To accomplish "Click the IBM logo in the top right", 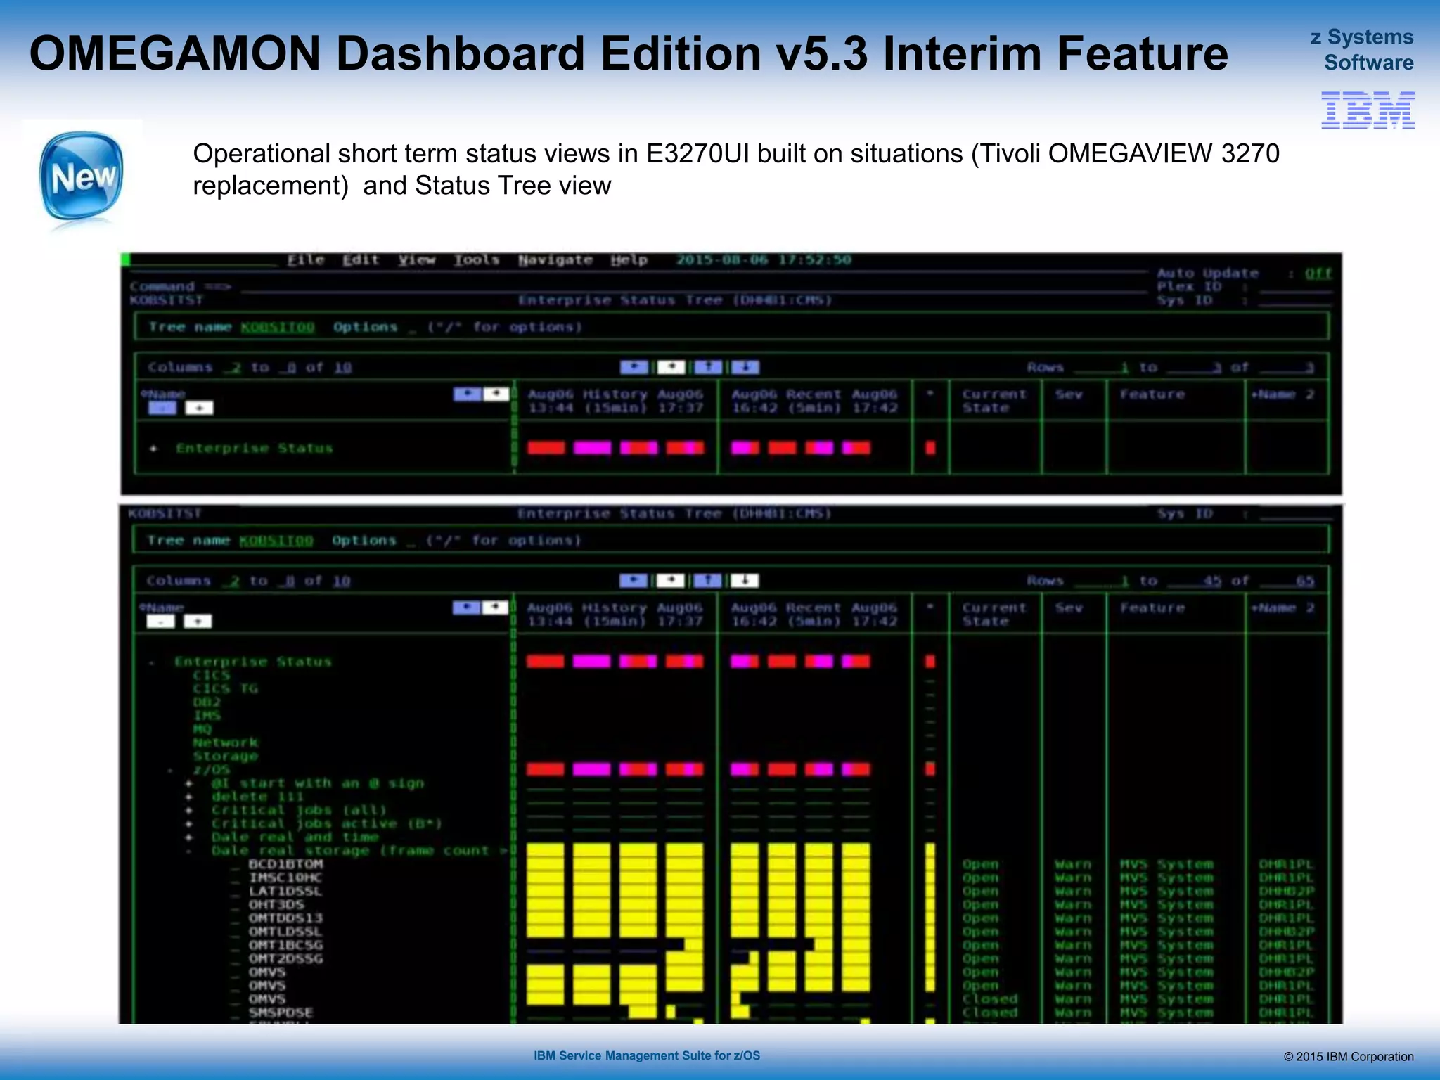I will tap(1367, 110).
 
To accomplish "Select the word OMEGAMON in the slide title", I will tap(175, 54).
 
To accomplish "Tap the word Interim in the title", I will tap(958, 54).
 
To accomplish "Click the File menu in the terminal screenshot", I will tap(306, 260).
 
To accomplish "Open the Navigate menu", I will tap(555, 260).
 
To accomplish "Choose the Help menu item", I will tap(629, 260).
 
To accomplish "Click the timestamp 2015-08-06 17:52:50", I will tap(764, 260).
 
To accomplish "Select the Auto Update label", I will tap(1207, 274).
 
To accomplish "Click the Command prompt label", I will tap(162, 287).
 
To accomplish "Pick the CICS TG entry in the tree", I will tap(226, 689).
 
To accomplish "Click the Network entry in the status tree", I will tap(226, 742).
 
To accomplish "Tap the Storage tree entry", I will tap(226, 757).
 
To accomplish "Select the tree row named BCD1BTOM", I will tap(285, 864).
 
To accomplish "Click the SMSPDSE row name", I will tap(281, 1012).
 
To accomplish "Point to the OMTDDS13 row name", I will tap(285, 918).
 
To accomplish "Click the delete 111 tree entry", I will tap(257, 797).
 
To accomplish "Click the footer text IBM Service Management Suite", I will tap(646, 1055).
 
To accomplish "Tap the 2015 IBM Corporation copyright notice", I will tap(1348, 1057).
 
